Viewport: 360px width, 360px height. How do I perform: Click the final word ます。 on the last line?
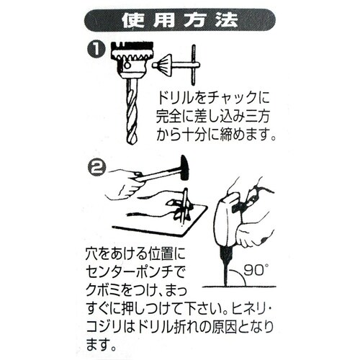tap(104, 345)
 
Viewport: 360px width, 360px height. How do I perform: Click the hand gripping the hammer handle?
tap(127, 180)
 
